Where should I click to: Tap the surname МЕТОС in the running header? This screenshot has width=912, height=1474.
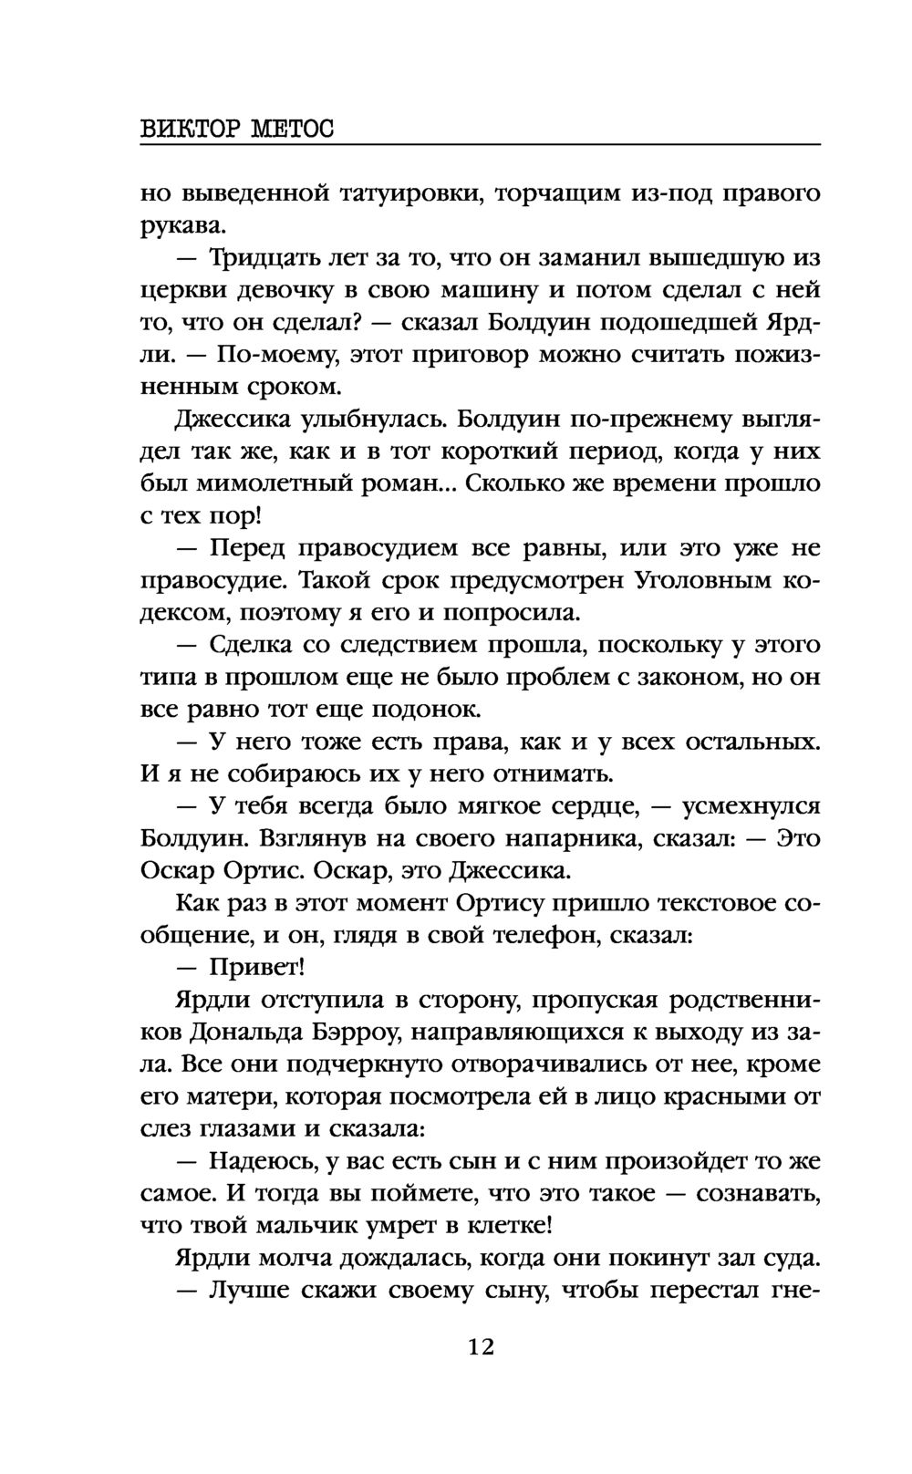coord(291,130)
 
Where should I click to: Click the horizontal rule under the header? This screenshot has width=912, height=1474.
coord(481,145)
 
